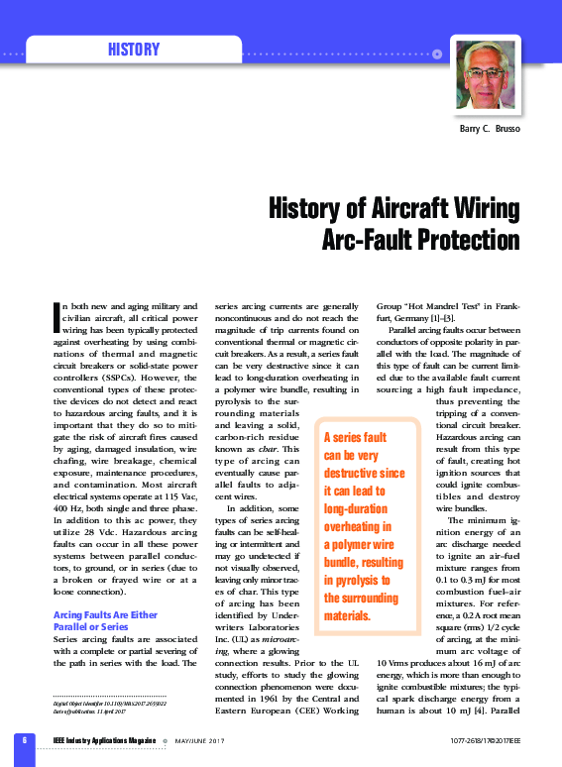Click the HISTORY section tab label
[134, 50]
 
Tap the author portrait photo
[485, 80]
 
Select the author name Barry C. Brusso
[489, 131]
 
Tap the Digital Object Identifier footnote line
[95, 703]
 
